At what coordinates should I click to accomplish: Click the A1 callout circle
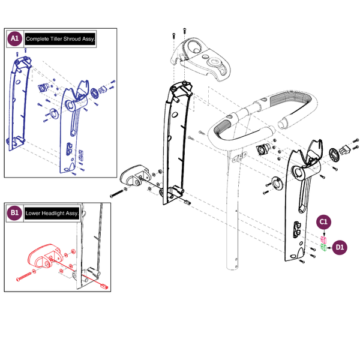coord(15,39)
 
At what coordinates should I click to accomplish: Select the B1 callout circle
coord(15,213)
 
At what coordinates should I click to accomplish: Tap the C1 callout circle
coord(323,222)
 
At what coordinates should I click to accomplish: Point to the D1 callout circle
coord(340,246)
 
